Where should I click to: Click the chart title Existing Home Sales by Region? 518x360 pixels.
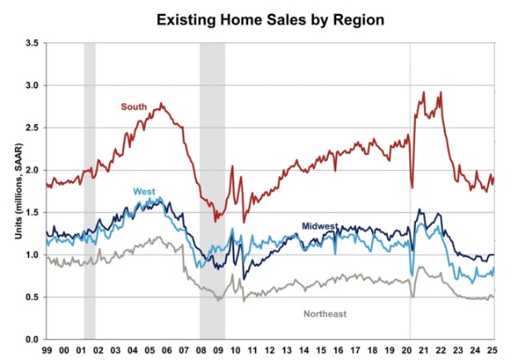[x=258, y=17]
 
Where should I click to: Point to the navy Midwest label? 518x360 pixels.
[x=320, y=226]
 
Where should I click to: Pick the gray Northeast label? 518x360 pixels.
[x=324, y=314]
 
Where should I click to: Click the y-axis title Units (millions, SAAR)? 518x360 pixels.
[x=17, y=191]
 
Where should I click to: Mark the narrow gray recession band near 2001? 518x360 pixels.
[x=90, y=191]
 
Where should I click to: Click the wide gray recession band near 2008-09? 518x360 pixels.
[x=213, y=191]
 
